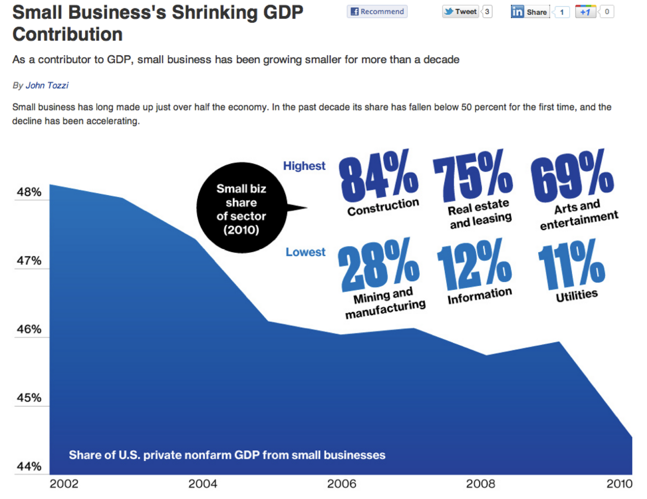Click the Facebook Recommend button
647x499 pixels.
(377, 12)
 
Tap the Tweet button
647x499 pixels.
(461, 12)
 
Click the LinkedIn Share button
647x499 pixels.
(530, 12)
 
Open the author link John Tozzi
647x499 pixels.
(47, 85)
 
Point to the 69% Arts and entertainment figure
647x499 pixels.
(572, 176)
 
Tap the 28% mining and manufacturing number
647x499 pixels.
(378, 265)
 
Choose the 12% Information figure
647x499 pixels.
(474, 265)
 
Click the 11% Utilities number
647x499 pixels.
(571, 265)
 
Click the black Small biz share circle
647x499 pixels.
(241, 208)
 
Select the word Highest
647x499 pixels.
(304, 166)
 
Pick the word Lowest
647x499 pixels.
(305, 252)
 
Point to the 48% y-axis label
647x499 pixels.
(29, 192)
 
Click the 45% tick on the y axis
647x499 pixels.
(29, 398)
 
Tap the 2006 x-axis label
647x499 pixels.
(342, 484)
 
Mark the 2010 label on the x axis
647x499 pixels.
(619, 484)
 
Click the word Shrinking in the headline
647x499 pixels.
(214, 13)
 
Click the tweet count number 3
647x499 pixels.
(487, 12)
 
